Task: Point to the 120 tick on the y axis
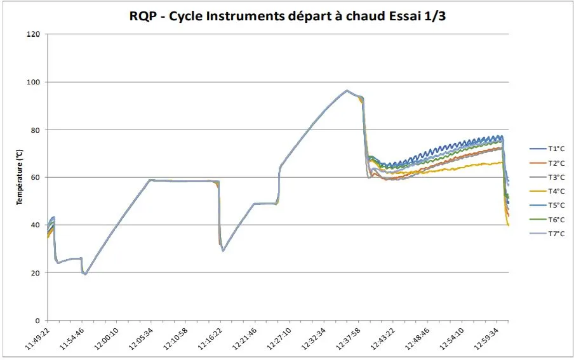pos(33,34)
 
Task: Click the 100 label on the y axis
pos(33,82)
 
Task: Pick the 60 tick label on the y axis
pos(36,177)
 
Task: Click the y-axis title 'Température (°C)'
pos(20,177)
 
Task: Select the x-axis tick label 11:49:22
pos(39,339)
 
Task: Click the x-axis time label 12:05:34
pos(142,339)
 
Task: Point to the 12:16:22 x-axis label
pos(211,339)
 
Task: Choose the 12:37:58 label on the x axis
pos(349,339)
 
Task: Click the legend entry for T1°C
pos(547,149)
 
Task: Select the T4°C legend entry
pos(547,191)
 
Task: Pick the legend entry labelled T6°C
pos(547,220)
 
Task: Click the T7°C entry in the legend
pos(547,234)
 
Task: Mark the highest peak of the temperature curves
pos(347,90)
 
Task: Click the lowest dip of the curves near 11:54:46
pos(85,274)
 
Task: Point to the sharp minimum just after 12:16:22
pos(223,251)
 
